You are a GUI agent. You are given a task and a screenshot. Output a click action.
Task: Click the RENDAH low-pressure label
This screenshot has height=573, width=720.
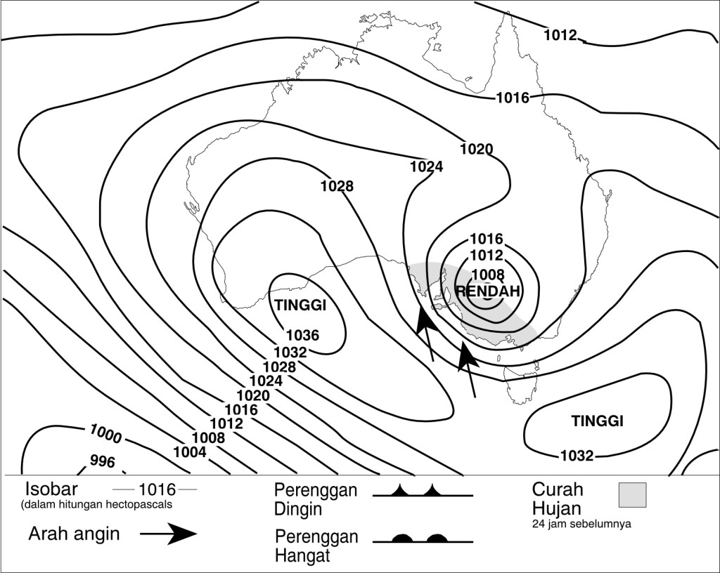pyautogui.click(x=488, y=291)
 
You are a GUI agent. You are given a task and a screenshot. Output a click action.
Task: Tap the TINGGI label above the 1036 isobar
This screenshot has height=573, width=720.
pyautogui.click(x=302, y=305)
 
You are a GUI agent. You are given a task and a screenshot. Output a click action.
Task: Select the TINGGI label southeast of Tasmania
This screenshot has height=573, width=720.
pyautogui.click(x=598, y=421)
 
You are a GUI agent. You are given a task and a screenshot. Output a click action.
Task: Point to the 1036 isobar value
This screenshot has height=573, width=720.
pyautogui.click(x=303, y=336)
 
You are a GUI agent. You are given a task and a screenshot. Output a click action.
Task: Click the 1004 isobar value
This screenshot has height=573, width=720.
pyautogui.click(x=190, y=452)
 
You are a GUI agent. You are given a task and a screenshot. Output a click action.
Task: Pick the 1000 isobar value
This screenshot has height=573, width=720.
pyautogui.click(x=105, y=435)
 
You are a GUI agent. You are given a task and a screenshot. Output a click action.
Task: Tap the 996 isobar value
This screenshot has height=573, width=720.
pyautogui.click(x=103, y=461)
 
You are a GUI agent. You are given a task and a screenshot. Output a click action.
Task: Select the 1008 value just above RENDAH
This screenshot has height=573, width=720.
pyautogui.click(x=487, y=275)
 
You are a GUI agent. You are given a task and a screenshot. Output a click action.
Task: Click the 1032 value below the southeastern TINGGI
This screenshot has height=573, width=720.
pyautogui.click(x=577, y=456)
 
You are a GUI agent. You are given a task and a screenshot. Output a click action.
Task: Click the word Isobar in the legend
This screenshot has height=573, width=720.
pyautogui.click(x=52, y=489)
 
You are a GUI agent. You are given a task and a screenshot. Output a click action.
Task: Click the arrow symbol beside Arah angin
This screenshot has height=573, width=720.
pyautogui.click(x=169, y=534)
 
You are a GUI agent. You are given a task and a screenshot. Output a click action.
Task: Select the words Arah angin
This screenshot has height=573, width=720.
pyautogui.click(x=74, y=534)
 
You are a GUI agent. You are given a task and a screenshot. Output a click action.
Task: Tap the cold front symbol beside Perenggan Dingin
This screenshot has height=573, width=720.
pyautogui.click(x=422, y=491)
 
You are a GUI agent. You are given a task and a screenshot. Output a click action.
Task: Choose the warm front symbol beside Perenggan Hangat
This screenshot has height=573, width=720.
pyautogui.click(x=422, y=539)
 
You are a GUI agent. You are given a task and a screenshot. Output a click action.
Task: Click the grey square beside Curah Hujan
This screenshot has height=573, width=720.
pyautogui.click(x=632, y=494)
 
